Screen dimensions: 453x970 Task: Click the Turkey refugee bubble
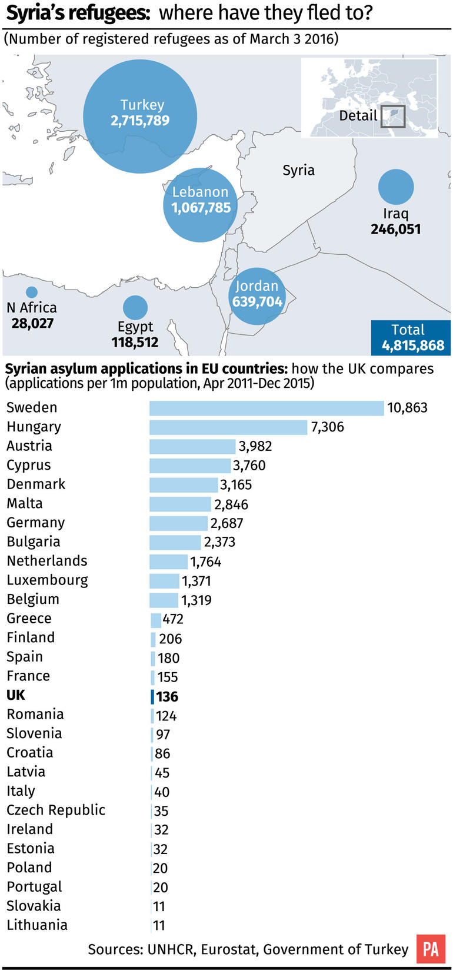[x=140, y=116]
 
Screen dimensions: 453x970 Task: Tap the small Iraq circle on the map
[x=396, y=187]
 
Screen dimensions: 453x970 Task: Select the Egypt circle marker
[x=135, y=307]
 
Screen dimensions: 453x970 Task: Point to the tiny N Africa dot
[x=32, y=292]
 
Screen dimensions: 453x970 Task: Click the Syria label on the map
[x=298, y=170]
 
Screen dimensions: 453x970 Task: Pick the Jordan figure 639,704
[x=257, y=301]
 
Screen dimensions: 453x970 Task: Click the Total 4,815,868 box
[x=411, y=338]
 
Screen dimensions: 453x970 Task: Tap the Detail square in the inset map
[x=393, y=116]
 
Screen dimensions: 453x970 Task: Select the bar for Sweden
[x=267, y=408]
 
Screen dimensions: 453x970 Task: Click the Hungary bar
[x=228, y=427]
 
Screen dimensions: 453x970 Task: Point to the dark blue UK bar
[x=152, y=697]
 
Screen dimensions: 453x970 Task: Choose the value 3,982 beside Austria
[x=255, y=446]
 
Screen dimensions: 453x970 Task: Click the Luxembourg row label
[x=47, y=580]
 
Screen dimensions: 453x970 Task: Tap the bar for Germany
[x=179, y=523]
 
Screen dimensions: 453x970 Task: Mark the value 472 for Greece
[x=173, y=619]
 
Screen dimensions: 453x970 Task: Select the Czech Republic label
[x=56, y=810]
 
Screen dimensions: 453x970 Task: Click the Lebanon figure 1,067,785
[x=201, y=208]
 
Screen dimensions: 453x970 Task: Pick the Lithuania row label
[x=37, y=925]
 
